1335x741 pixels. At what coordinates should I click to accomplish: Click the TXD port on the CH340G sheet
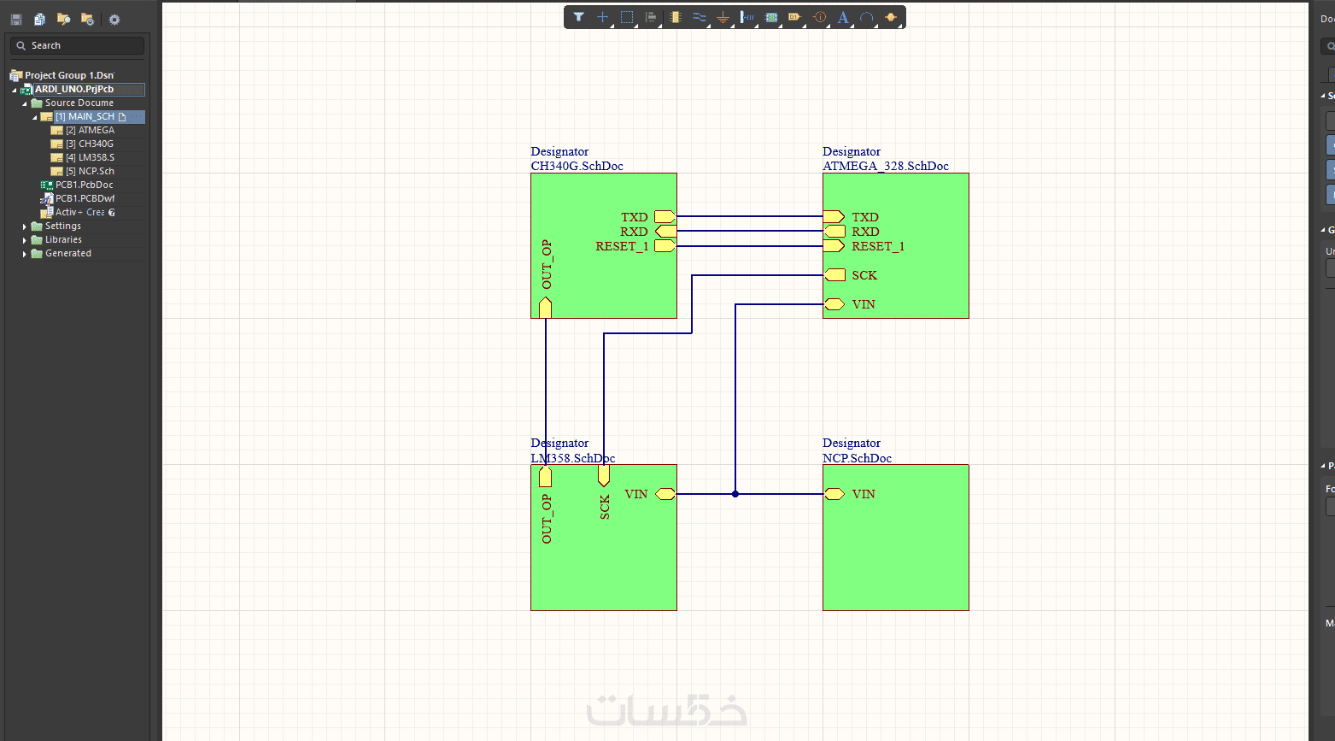(x=665, y=217)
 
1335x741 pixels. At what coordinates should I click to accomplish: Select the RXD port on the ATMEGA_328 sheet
(x=834, y=232)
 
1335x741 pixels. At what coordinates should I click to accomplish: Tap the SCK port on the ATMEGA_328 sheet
(x=834, y=275)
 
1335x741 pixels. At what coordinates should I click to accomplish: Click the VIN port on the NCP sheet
(x=834, y=494)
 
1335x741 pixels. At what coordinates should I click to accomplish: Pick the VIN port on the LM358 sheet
(x=665, y=494)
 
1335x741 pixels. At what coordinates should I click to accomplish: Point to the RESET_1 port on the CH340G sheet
(x=665, y=246)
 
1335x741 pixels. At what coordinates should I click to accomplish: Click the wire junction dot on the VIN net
(x=735, y=494)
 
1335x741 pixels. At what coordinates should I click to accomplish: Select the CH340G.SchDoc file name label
(x=577, y=167)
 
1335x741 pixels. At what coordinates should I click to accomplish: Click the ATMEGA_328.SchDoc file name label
(x=885, y=167)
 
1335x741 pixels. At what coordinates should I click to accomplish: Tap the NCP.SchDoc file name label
(x=857, y=458)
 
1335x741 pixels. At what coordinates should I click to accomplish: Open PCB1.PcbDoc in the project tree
(x=84, y=185)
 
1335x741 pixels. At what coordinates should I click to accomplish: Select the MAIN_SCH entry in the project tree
(x=91, y=116)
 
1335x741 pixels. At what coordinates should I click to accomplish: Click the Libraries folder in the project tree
(x=63, y=239)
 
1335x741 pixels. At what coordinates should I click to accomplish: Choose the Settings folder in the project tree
(x=62, y=226)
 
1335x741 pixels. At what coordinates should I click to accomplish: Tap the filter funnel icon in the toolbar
(x=578, y=17)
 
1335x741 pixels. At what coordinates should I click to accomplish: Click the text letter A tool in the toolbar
(x=843, y=17)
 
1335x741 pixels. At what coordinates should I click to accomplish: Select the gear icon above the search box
(x=114, y=20)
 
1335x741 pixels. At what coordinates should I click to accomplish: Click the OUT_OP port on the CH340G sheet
(x=546, y=308)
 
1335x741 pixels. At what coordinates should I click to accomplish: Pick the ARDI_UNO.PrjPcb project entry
(x=74, y=89)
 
